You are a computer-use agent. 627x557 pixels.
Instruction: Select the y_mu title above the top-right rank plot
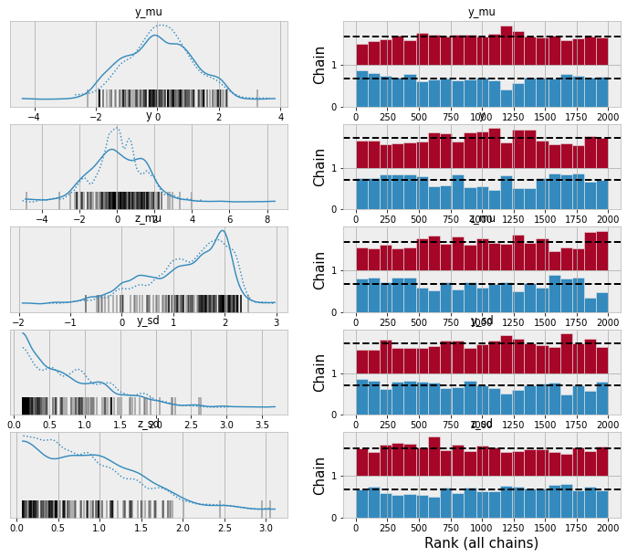(481, 10)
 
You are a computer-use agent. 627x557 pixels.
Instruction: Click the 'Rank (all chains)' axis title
(481, 543)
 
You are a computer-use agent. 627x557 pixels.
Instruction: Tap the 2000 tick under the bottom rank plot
(607, 529)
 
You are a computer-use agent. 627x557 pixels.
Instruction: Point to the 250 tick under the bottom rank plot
(388, 529)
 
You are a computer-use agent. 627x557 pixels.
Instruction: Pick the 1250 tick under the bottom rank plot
(513, 529)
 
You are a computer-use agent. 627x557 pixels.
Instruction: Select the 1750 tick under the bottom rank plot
(576, 529)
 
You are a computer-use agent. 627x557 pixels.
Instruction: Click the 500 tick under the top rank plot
(419, 118)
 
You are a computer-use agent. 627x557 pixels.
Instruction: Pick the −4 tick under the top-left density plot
(35, 118)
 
